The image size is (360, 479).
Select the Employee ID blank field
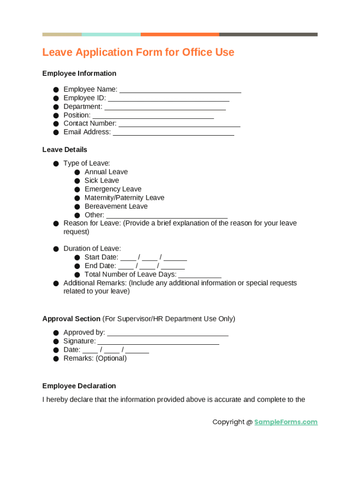(x=168, y=98)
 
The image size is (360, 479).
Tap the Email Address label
(x=87, y=132)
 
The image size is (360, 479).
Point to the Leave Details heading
(x=65, y=150)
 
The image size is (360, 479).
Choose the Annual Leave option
(x=106, y=172)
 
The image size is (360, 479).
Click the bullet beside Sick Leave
(x=77, y=181)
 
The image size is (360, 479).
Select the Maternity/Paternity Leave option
(x=124, y=197)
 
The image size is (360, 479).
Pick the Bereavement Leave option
(x=116, y=206)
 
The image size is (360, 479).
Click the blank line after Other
(x=167, y=216)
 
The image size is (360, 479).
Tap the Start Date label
(x=101, y=257)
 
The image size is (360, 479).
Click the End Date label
(x=100, y=266)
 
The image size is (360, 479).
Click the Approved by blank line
(x=168, y=333)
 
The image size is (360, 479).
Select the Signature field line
(x=158, y=341)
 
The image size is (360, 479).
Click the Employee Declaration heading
(x=79, y=386)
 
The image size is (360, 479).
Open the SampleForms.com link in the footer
(x=286, y=422)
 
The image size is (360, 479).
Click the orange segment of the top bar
(x=180, y=34)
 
